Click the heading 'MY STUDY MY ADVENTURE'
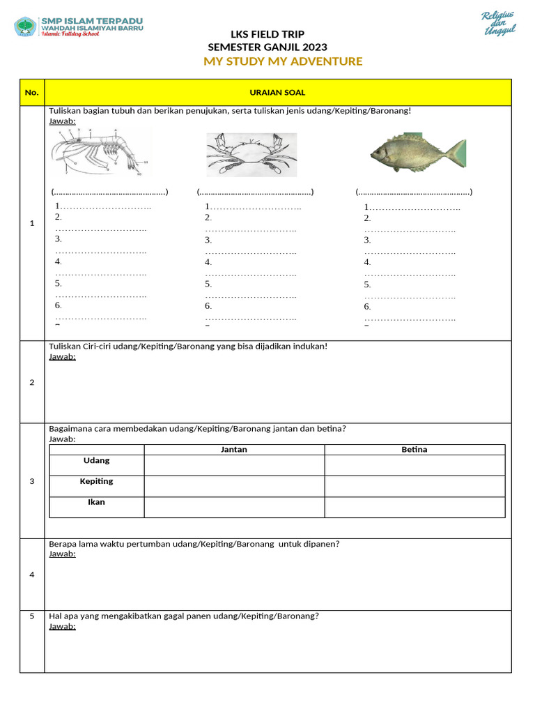(x=283, y=61)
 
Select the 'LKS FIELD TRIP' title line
(x=267, y=35)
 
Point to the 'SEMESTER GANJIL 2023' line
(x=267, y=47)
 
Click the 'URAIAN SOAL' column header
(x=277, y=93)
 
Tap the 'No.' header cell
(x=31, y=93)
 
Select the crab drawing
(x=251, y=155)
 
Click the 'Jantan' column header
(x=234, y=450)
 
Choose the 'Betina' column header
(x=414, y=450)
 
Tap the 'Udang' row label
(x=97, y=461)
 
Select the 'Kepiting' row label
(x=97, y=482)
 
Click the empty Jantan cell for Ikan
(x=234, y=507)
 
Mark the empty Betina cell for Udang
(x=414, y=465)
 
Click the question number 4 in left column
(x=31, y=575)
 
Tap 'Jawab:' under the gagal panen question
(x=62, y=626)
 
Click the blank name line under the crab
(x=255, y=192)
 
